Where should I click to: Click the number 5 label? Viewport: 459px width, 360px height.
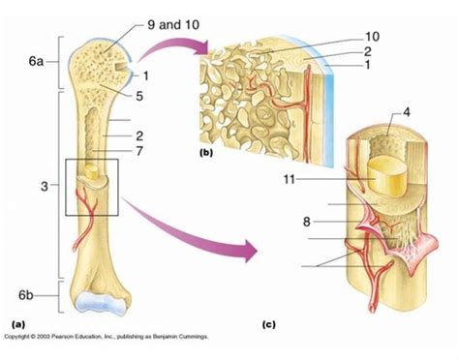coord(141,95)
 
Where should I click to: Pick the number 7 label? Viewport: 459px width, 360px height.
coord(140,153)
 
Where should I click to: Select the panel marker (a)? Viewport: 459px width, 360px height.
coord(16,322)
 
